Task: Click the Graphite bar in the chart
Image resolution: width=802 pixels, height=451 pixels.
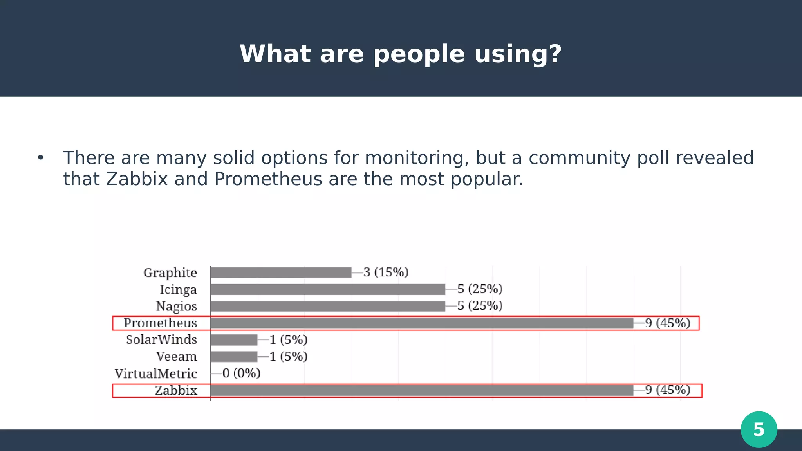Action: coord(281,272)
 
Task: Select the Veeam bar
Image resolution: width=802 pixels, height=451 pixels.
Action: coord(234,357)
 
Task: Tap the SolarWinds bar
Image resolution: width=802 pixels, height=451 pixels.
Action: coord(234,340)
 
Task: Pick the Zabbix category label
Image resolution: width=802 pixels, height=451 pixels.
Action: coord(176,391)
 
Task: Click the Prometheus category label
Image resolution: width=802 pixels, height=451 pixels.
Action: coord(160,323)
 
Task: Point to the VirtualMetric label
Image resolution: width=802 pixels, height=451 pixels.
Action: coord(155,374)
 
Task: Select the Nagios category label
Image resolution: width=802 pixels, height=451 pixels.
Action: coord(176,306)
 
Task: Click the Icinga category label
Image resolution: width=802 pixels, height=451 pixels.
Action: coord(178,290)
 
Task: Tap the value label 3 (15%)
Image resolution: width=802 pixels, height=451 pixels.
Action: coord(386,272)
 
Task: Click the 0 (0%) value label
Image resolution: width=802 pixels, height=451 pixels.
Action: coord(241,373)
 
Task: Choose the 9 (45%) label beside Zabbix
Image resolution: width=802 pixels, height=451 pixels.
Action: coord(668,390)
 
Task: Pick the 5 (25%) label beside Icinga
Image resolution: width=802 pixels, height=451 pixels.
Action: coord(480,289)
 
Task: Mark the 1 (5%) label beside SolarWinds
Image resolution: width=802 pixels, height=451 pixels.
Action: coord(288,340)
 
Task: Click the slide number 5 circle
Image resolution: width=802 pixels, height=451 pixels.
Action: coord(759,429)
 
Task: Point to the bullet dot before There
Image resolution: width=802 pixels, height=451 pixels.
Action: coord(40,158)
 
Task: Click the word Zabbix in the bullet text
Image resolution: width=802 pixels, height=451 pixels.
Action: coord(137,179)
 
